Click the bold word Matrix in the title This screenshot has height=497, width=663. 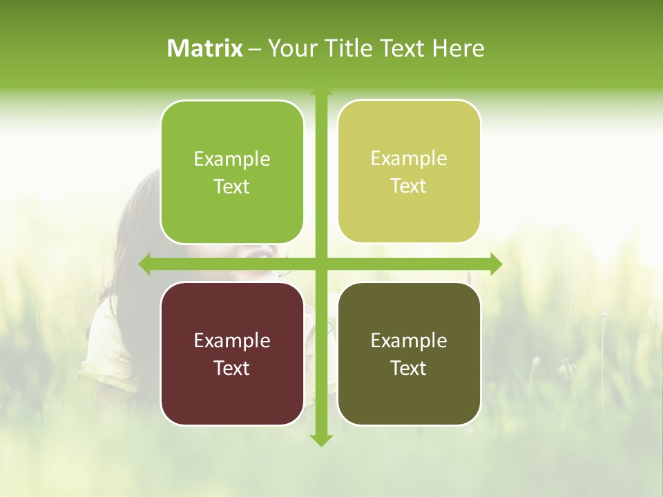pos(205,48)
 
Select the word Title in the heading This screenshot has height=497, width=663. pos(353,48)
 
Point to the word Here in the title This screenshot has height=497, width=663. pos(458,48)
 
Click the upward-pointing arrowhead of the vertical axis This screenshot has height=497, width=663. pos(320,90)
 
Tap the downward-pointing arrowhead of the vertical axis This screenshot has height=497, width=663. pos(320,440)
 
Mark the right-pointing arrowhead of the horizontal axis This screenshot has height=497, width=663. pos(495,264)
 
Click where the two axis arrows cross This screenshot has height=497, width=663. pos(320,264)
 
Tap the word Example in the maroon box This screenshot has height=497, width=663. pos(232,340)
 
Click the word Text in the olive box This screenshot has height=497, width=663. pos(409,368)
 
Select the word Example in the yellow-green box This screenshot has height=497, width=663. pos(409,158)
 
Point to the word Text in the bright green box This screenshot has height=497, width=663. pos(232,186)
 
